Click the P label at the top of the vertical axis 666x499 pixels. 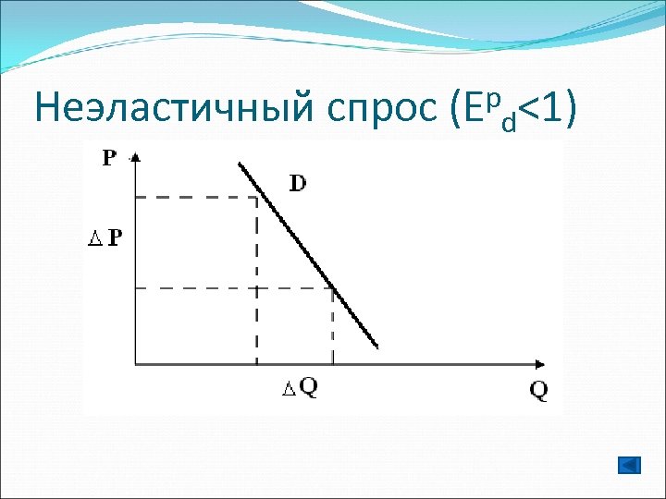tap(109, 158)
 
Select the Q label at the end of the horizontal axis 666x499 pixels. tap(538, 390)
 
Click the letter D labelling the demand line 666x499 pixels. tap(299, 183)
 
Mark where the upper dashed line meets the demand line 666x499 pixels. tap(257, 197)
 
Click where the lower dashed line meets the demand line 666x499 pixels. tap(333, 288)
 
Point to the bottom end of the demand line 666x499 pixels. tap(377, 347)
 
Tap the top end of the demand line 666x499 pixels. tap(240, 164)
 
